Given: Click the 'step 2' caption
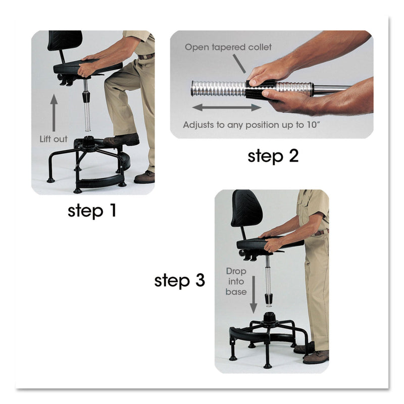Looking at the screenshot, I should [273, 156].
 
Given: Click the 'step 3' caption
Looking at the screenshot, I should [180, 280].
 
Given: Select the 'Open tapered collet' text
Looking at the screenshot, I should [228, 47].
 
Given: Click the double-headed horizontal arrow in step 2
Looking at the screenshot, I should [227, 107].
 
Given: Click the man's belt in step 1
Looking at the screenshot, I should [147, 56].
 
